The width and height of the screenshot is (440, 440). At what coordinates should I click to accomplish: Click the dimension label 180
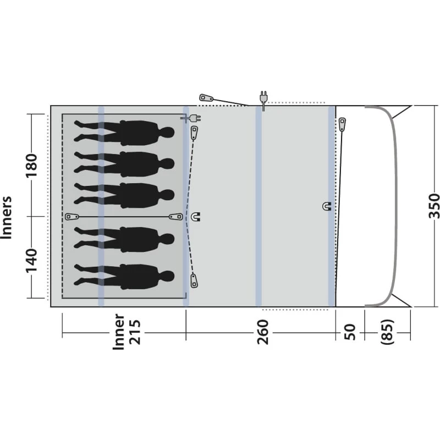(31, 166)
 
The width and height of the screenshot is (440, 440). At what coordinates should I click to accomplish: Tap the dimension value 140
(31, 260)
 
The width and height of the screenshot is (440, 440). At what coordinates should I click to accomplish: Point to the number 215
(134, 332)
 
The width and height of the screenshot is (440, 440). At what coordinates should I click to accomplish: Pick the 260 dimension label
(263, 332)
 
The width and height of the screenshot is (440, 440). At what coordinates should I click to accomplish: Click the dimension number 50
(350, 332)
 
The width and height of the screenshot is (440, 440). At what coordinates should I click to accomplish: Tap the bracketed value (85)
(387, 332)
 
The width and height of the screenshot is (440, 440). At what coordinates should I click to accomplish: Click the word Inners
(6, 217)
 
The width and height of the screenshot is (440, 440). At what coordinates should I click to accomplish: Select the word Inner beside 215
(118, 332)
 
